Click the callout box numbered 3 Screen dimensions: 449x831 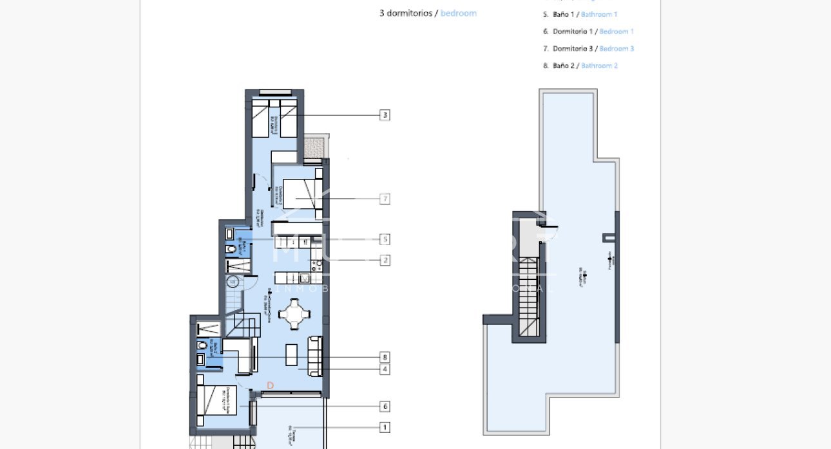tap(385, 115)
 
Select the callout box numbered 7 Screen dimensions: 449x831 tap(385, 199)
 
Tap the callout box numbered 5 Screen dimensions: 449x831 tap(385, 239)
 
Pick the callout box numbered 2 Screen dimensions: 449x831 tap(385, 261)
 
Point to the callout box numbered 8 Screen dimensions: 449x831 tap(385, 357)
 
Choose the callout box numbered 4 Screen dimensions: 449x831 tap(385, 369)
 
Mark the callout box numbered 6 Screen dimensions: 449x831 tap(385, 407)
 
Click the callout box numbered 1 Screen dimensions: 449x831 tap(385, 427)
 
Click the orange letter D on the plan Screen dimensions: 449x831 tap(271, 385)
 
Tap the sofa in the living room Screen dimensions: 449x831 tap(315, 356)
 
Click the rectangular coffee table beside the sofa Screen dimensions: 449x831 tap(292, 355)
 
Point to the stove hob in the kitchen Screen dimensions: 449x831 tap(316, 264)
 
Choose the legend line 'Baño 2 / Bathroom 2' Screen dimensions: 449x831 tap(585, 66)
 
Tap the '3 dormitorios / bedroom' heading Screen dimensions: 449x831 tap(428, 13)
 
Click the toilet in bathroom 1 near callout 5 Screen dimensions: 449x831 tap(231, 250)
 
